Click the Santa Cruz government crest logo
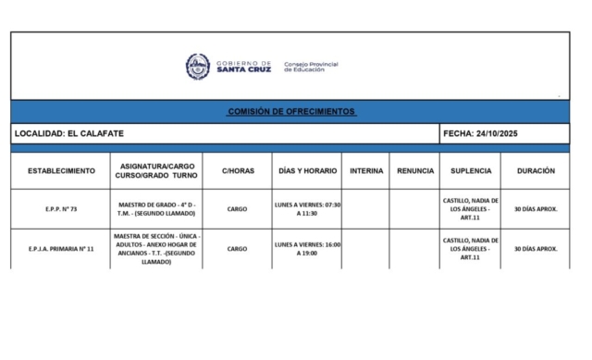click(x=197, y=66)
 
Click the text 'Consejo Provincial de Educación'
click(x=311, y=67)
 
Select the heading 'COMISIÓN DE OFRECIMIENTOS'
click(x=290, y=111)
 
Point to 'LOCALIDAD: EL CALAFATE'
click(x=69, y=134)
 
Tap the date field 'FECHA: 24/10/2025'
click(x=481, y=134)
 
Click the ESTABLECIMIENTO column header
click(x=61, y=171)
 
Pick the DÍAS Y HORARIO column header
click(x=307, y=171)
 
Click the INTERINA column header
click(x=365, y=171)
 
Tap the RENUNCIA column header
click(x=414, y=171)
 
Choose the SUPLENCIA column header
click(x=471, y=171)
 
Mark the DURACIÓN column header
click(x=536, y=171)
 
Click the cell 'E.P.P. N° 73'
click(x=61, y=209)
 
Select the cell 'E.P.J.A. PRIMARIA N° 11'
click(x=61, y=249)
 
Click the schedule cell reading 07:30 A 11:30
click(x=307, y=208)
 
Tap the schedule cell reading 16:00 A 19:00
click(x=307, y=249)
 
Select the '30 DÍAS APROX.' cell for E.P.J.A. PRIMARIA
click(x=536, y=249)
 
